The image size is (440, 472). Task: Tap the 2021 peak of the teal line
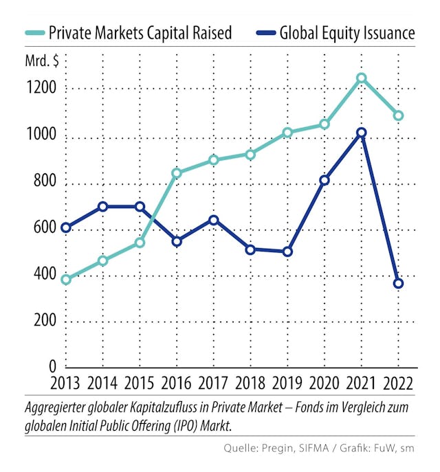tap(361, 78)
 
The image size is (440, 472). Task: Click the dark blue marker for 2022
tap(398, 283)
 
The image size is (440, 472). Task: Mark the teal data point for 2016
tap(177, 173)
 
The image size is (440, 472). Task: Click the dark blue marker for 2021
tap(361, 133)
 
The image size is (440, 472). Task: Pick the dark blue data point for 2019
tap(287, 251)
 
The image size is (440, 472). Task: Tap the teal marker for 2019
tap(287, 133)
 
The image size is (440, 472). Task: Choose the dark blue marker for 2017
tap(213, 220)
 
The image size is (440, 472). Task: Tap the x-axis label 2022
tap(398, 383)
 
